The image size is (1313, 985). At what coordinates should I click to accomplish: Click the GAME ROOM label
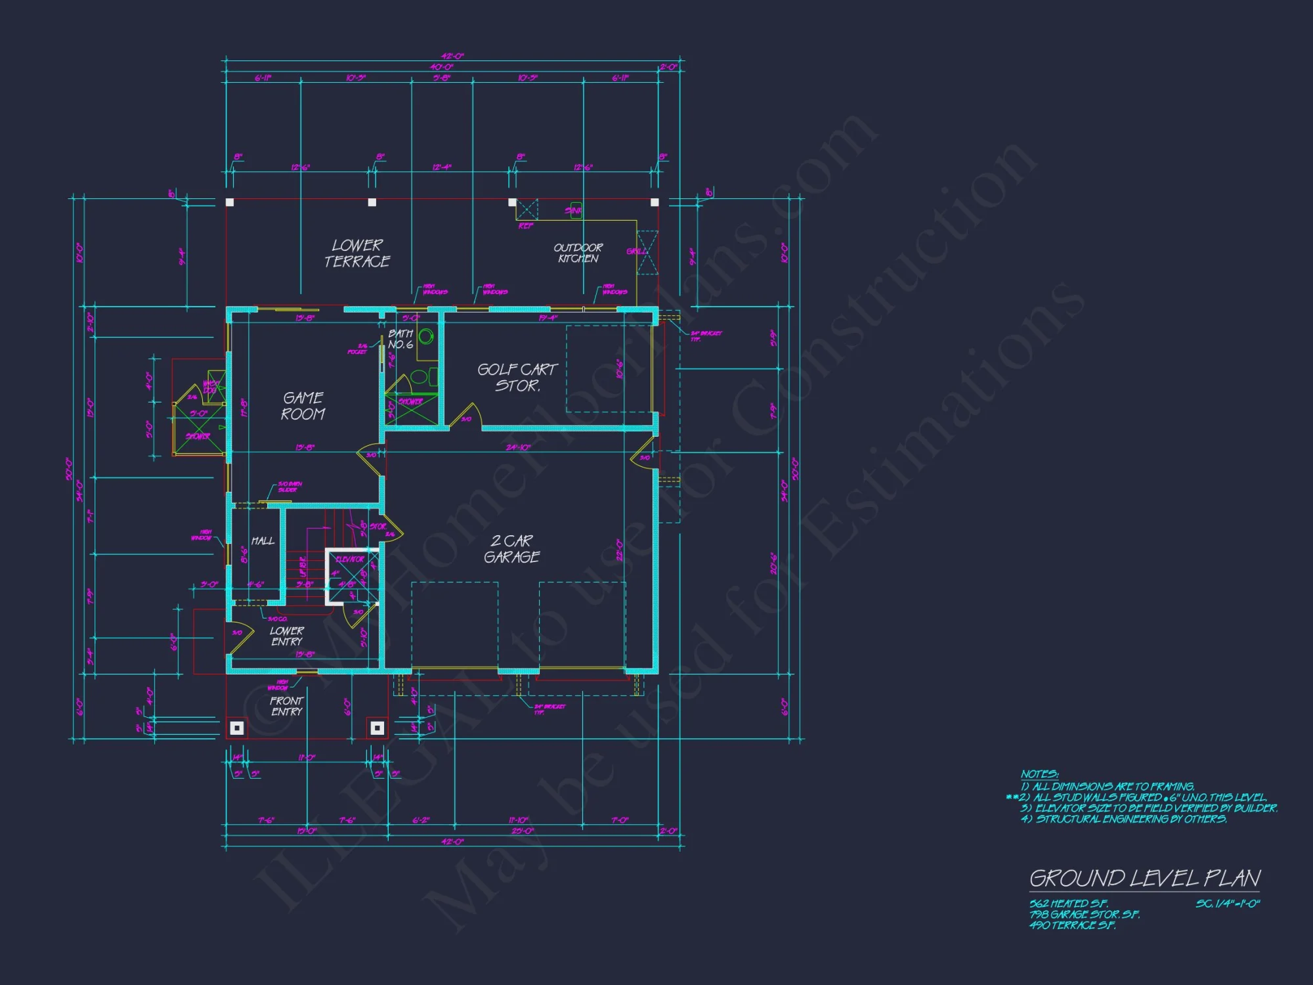click(x=303, y=406)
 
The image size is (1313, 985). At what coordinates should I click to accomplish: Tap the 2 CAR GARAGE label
click(x=512, y=549)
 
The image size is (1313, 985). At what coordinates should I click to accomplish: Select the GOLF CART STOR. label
click(x=517, y=378)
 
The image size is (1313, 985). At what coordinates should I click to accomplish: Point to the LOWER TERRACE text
click(x=357, y=253)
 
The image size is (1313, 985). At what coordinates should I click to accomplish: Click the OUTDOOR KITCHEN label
click(x=578, y=253)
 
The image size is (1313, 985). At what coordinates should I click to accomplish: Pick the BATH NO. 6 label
click(x=400, y=339)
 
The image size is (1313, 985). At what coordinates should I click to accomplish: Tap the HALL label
click(x=263, y=541)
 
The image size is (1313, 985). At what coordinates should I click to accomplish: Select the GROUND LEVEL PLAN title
click(x=1144, y=878)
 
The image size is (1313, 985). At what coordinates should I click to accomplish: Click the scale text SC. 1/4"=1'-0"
click(x=1227, y=904)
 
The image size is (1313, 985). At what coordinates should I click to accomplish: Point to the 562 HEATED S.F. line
click(x=1068, y=904)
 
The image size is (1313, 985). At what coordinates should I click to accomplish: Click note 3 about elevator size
click(x=1149, y=808)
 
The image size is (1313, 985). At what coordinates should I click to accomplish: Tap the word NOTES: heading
click(x=1039, y=774)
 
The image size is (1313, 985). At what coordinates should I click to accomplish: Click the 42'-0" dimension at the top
click(x=452, y=56)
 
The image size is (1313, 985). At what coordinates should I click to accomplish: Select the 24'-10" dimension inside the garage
click(x=518, y=447)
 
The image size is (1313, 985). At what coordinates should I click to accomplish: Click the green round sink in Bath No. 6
click(x=426, y=337)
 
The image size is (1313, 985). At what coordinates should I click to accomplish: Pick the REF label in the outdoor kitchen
click(x=526, y=226)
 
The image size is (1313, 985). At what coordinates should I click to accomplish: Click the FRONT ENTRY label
click(x=287, y=707)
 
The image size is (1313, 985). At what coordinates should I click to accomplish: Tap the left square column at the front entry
click(x=237, y=728)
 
